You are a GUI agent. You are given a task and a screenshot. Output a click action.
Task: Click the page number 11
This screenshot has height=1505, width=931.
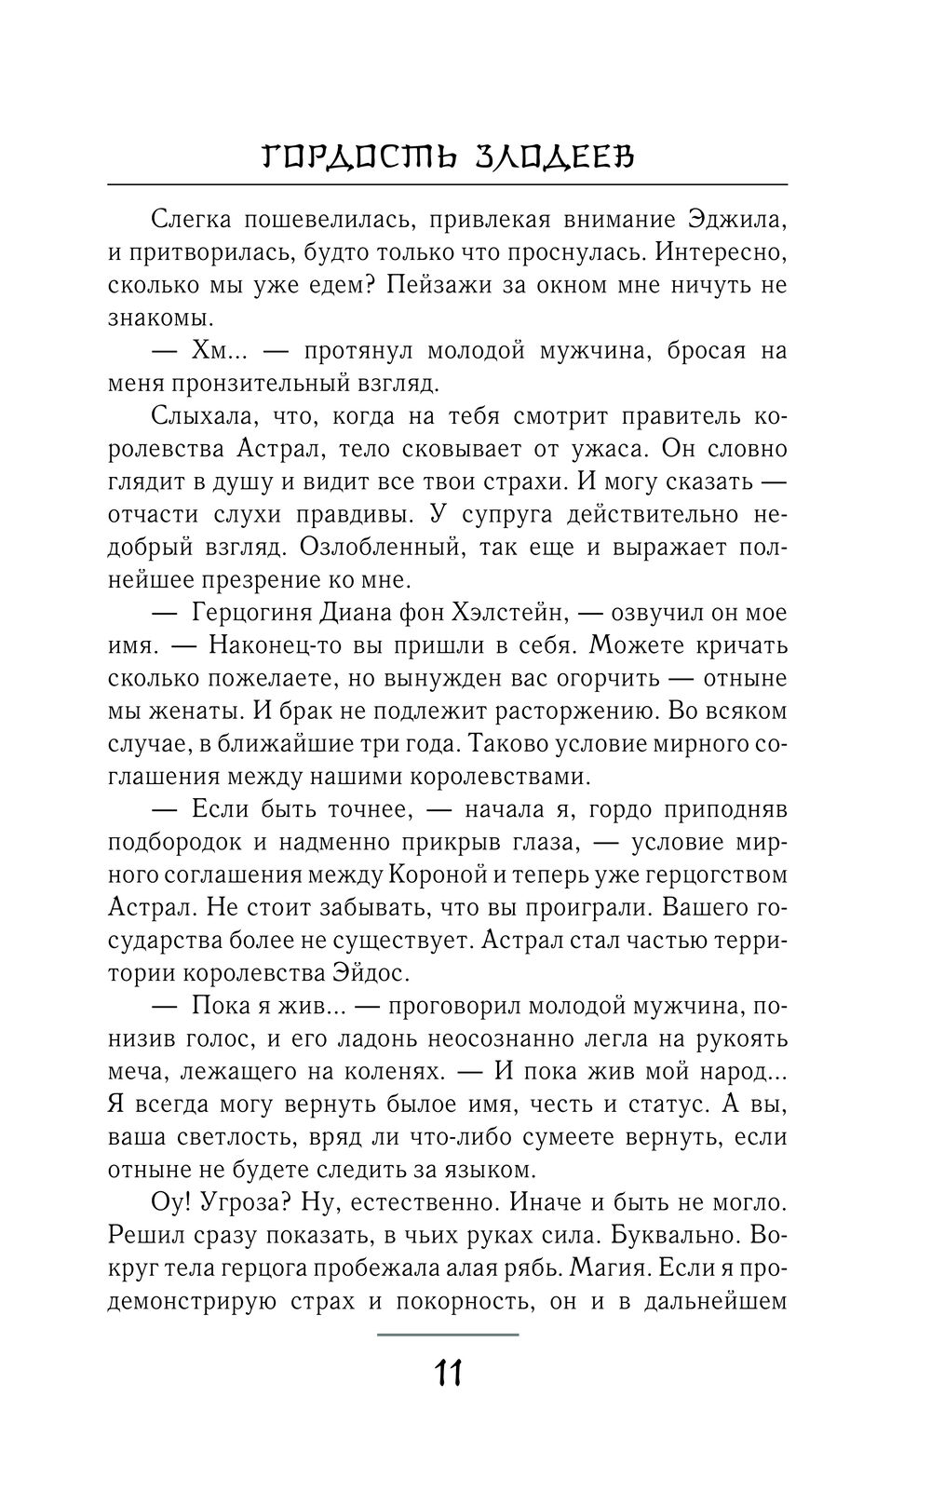[x=448, y=1373]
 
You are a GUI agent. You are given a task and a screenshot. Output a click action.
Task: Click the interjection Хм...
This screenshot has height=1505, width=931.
[x=212, y=351]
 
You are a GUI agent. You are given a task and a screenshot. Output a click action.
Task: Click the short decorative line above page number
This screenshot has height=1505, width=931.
[x=448, y=1334]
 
